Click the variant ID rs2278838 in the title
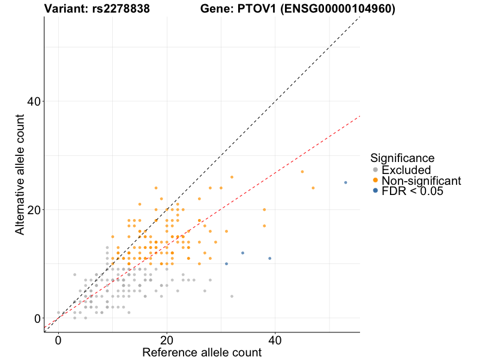tap(118, 8)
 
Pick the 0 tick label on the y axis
tap(37, 319)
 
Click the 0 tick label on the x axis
tap(58, 340)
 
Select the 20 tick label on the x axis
tap(167, 340)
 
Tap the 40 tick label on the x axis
tap(275, 340)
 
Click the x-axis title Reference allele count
tap(202, 352)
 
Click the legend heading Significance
tap(402, 158)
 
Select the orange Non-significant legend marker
tap(376, 181)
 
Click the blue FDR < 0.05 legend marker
tap(376, 191)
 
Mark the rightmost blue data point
tap(346, 182)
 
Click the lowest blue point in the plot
tap(226, 264)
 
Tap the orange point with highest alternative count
tap(232, 177)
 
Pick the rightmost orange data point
tap(313, 188)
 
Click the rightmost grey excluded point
tap(232, 296)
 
